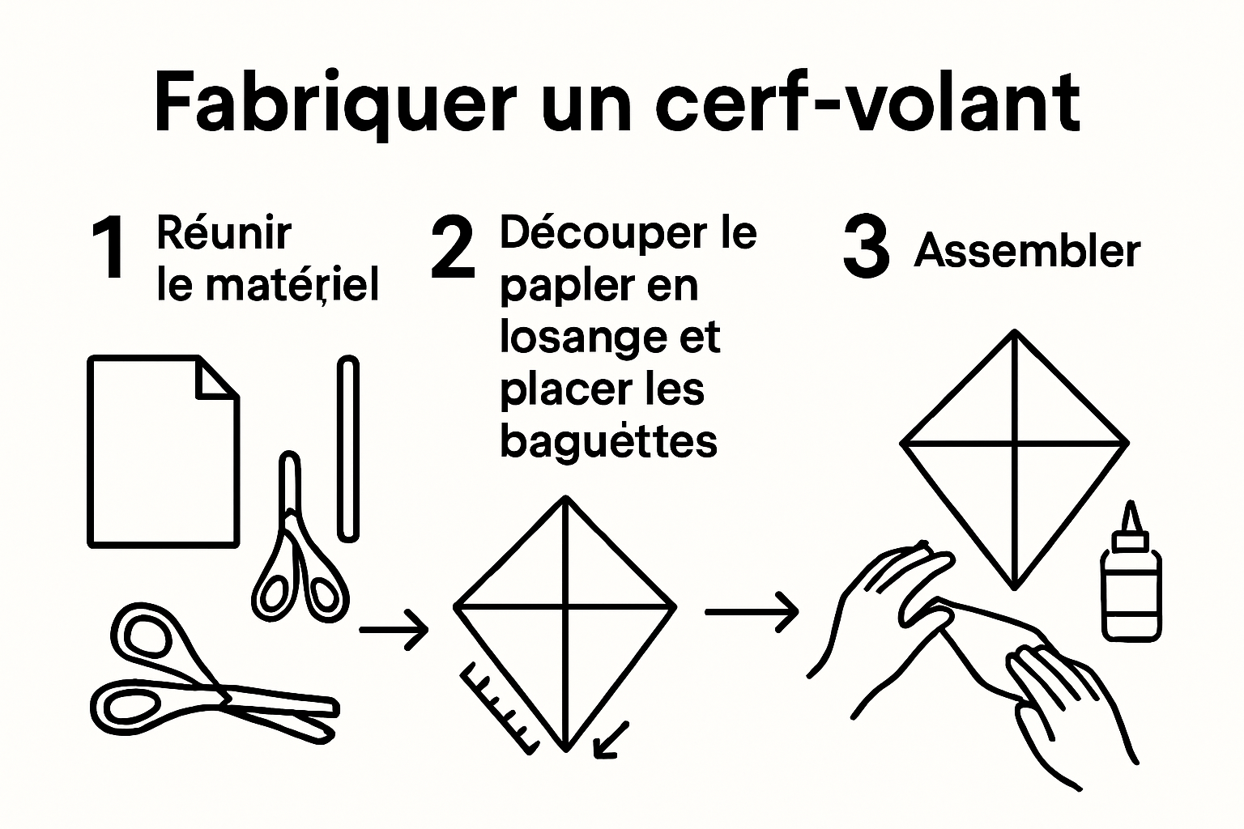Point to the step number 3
(866, 248)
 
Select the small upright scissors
(300, 551)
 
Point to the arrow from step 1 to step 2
(394, 628)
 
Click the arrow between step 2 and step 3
(752, 612)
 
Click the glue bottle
(1131, 583)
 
